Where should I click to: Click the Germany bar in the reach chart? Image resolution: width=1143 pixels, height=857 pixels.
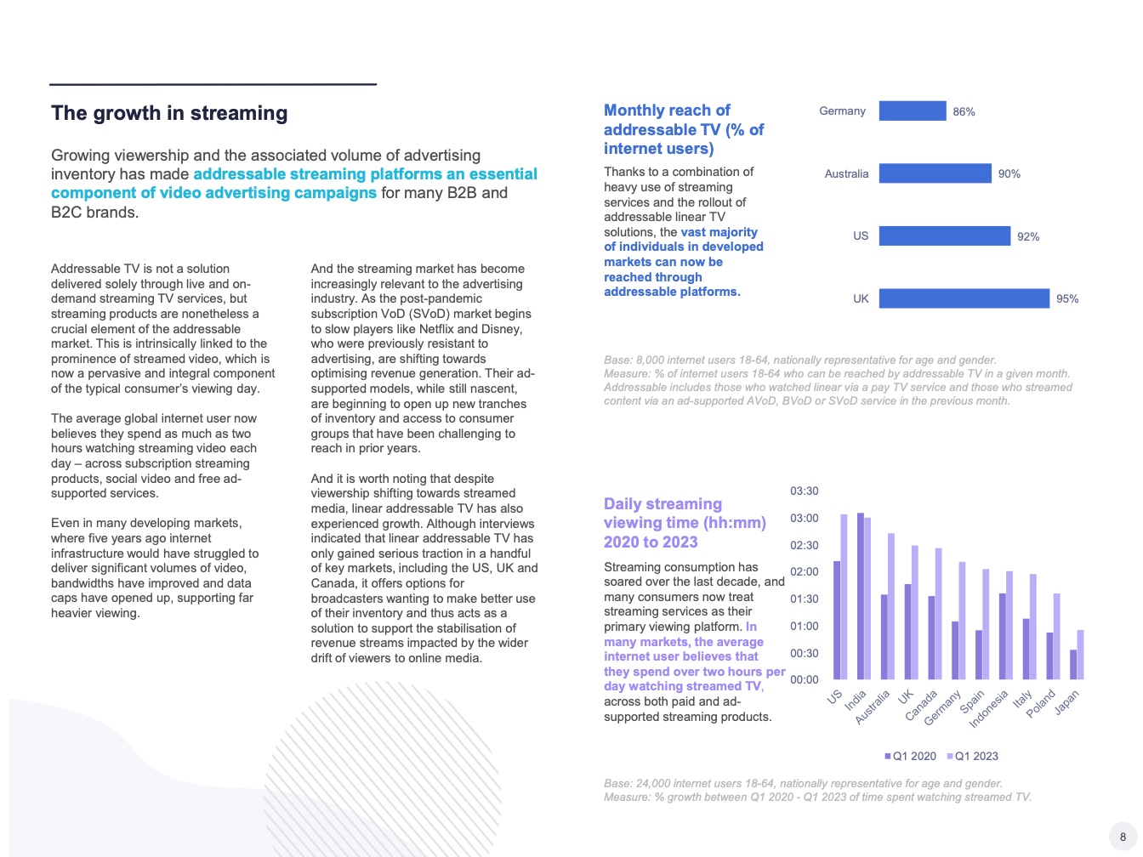(912, 111)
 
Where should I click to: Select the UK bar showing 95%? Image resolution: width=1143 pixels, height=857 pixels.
(964, 298)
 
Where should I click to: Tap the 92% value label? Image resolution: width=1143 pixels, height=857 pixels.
(1028, 236)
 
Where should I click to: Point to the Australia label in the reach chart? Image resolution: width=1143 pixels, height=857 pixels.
(846, 173)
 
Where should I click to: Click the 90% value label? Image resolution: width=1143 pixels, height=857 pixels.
(1009, 173)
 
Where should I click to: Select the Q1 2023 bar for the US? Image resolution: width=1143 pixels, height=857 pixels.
(844, 597)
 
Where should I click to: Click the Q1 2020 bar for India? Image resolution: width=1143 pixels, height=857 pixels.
(861, 596)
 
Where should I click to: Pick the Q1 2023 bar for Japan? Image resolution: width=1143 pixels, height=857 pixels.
(1081, 655)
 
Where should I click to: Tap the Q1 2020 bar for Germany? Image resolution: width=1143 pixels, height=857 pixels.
(955, 650)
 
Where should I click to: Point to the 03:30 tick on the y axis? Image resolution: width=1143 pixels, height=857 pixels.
(804, 491)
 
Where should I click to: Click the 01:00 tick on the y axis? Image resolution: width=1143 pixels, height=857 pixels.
(804, 626)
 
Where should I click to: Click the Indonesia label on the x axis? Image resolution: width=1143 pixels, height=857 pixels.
(987, 709)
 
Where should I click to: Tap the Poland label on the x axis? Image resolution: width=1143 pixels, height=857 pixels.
(1040, 703)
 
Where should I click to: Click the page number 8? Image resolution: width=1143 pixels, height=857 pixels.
(1123, 837)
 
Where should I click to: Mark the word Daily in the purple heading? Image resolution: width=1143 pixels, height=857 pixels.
(624, 504)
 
